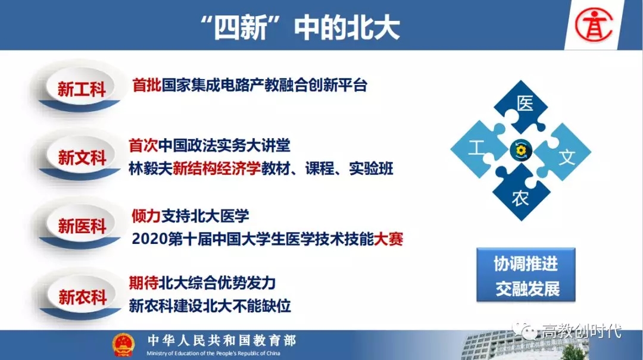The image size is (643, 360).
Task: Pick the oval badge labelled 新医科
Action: (81, 226)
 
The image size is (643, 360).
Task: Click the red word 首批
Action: (146, 85)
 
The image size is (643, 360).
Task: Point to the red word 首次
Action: (143, 145)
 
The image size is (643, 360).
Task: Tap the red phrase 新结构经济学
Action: (217, 168)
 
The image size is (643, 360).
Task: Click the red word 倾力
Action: (146, 215)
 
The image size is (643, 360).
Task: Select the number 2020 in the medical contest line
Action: (149, 239)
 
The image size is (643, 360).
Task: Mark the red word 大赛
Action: (388, 239)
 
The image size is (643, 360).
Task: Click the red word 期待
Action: (143, 283)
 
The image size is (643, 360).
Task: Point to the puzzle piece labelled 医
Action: (522, 106)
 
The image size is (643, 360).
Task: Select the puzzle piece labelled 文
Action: (564, 152)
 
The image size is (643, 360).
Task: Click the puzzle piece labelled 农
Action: (521, 193)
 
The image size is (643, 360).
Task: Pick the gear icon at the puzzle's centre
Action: (521, 151)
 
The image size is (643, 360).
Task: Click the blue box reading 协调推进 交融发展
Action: (526, 275)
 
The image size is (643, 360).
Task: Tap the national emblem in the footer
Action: (123, 345)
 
